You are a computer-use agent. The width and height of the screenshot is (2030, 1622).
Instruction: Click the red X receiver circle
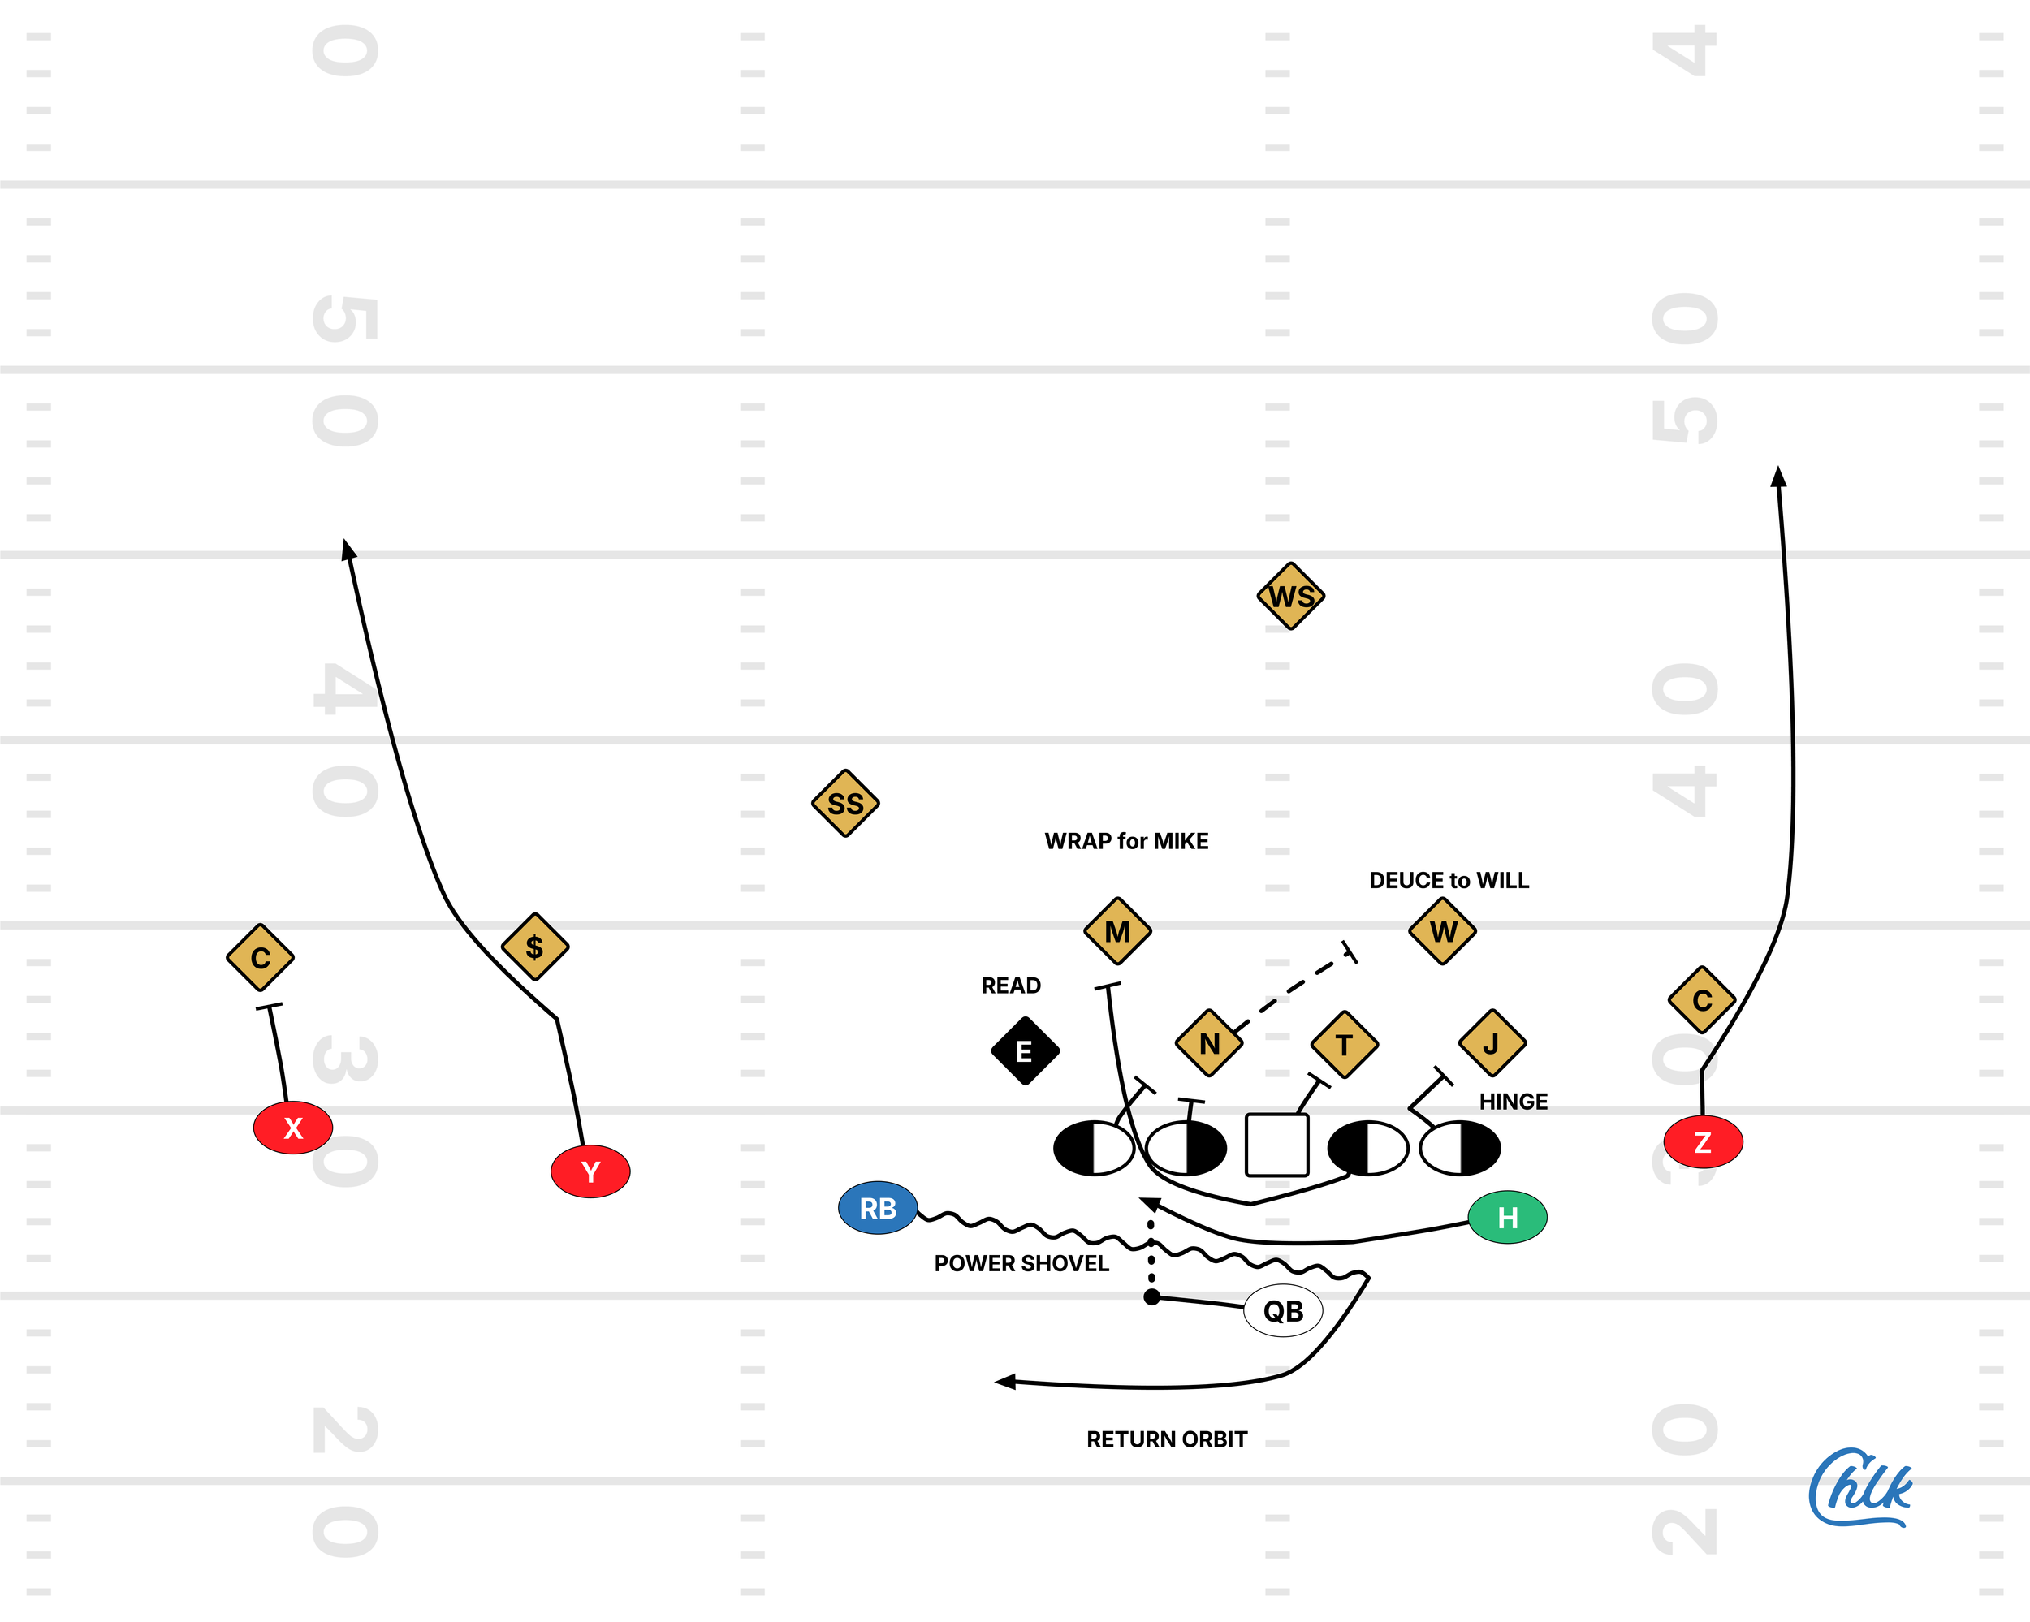pos(293,1127)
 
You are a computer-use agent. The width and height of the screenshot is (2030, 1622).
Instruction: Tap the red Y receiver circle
pos(590,1171)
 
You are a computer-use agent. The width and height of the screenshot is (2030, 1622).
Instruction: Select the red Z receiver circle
pos(1702,1142)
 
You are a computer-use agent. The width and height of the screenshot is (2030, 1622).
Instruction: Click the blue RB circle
pos(878,1208)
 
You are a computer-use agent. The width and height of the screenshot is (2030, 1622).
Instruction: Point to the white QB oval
pos(1282,1310)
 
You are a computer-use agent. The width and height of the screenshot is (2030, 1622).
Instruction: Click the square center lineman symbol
pos(1276,1145)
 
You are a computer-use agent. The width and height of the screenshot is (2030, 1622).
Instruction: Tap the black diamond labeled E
pos(1025,1050)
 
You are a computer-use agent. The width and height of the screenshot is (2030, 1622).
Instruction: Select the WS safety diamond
pos(1291,596)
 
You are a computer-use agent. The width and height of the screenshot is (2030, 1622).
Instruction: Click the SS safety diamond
pos(844,803)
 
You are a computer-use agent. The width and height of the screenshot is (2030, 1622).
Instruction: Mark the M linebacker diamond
pos(1117,931)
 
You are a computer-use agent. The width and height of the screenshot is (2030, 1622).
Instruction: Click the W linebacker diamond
pos(1442,931)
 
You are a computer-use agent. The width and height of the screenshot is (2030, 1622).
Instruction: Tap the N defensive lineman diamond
pos(1209,1043)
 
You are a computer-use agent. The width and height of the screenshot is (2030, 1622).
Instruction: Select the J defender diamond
pos(1492,1043)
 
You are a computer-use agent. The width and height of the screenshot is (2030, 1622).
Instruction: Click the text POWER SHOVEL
pos(1021,1263)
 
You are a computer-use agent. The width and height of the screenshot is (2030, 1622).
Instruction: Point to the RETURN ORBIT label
pos(1167,1439)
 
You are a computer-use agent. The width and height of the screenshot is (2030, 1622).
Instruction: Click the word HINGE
pos(1513,1102)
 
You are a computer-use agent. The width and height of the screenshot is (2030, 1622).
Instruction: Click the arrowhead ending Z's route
pos(1777,477)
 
